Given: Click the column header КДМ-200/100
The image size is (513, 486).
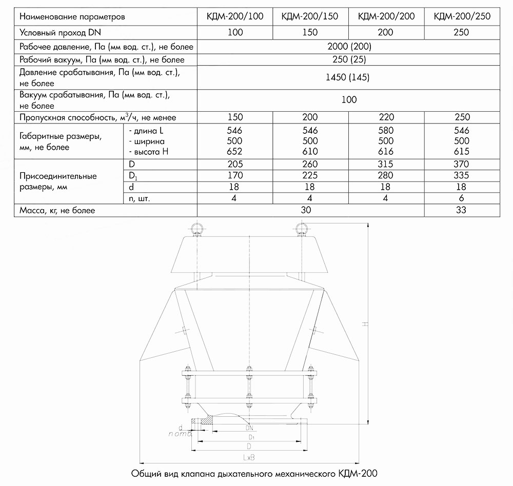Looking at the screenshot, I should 234,16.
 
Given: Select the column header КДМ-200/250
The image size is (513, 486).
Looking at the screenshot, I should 462,16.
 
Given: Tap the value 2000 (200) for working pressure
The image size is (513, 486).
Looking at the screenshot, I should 348,47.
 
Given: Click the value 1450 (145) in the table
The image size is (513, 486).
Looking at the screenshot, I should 348,78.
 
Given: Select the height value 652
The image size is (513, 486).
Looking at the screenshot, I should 234,151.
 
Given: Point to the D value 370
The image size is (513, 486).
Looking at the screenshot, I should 462,165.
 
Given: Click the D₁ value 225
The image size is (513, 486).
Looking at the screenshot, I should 310,176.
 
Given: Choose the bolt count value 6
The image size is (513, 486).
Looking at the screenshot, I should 462,198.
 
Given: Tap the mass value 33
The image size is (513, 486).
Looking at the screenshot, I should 462,210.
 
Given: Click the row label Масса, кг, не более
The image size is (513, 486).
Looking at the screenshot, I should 57,210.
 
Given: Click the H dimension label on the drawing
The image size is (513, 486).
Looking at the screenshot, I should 364,324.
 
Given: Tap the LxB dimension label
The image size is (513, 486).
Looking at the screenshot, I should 250,457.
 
